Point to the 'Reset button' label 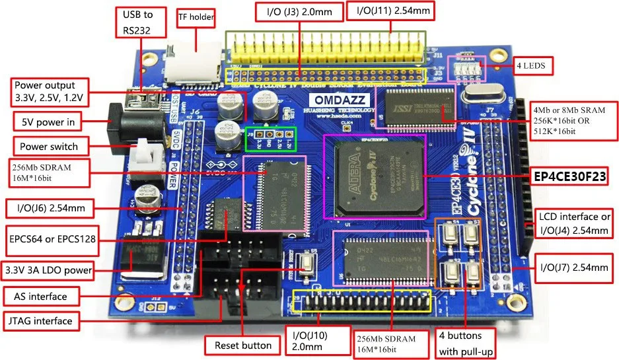coord(243,345)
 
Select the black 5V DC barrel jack coord(135,124)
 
